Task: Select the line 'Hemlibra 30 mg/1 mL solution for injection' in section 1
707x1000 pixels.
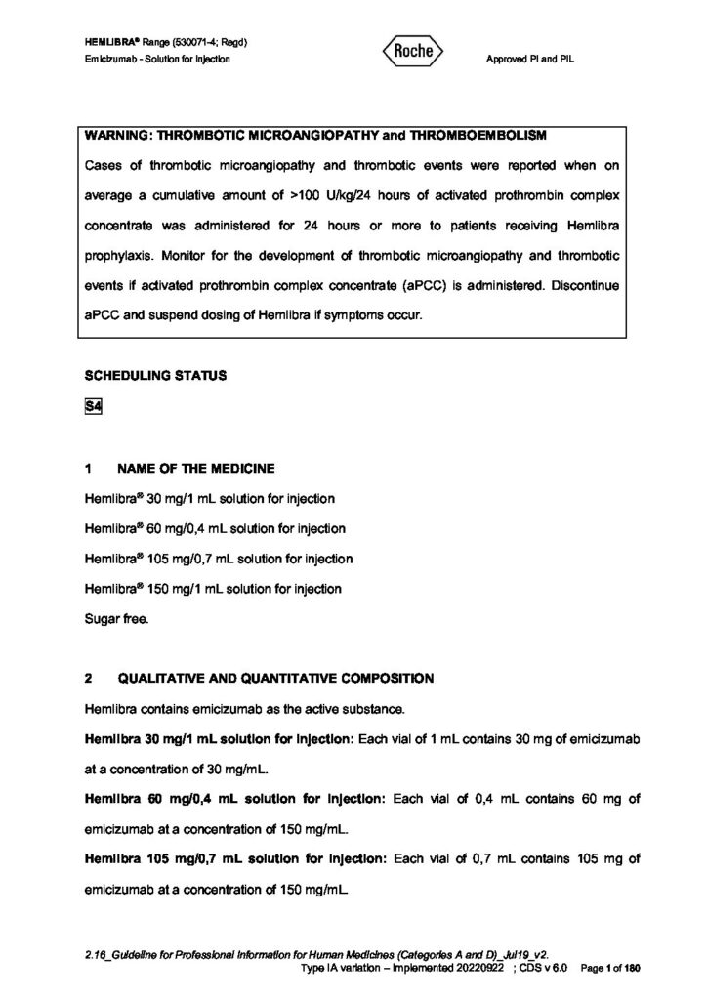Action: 210,498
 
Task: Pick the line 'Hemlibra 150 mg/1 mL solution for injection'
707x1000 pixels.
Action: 213,588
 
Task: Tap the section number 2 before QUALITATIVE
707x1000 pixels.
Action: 89,677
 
